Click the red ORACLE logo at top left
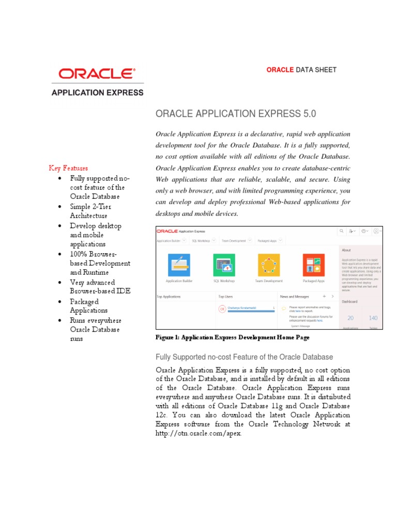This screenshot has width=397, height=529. click(x=97, y=74)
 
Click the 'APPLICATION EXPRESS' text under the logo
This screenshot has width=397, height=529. click(x=97, y=93)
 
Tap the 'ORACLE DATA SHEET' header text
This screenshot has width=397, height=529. click(x=301, y=70)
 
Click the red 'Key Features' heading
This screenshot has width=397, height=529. click(x=68, y=168)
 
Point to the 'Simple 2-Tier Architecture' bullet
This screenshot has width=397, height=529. click(x=90, y=211)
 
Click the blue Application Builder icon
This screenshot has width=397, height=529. click(x=179, y=265)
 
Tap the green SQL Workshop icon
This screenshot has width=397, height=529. click(x=224, y=265)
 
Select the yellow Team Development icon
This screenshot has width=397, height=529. click(x=269, y=265)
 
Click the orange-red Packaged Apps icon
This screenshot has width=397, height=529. click(x=313, y=265)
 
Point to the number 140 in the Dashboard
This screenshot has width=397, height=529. click(x=373, y=318)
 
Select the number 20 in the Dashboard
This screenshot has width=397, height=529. click(x=350, y=318)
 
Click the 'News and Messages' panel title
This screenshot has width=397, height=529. click(x=294, y=297)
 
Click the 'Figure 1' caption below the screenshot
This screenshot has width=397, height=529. click(x=232, y=337)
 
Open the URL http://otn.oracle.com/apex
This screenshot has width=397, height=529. click(x=198, y=433)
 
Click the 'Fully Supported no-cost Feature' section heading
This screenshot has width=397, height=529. click(x=244, y=357)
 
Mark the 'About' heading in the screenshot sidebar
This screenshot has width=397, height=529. click(x=346, y=250)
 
